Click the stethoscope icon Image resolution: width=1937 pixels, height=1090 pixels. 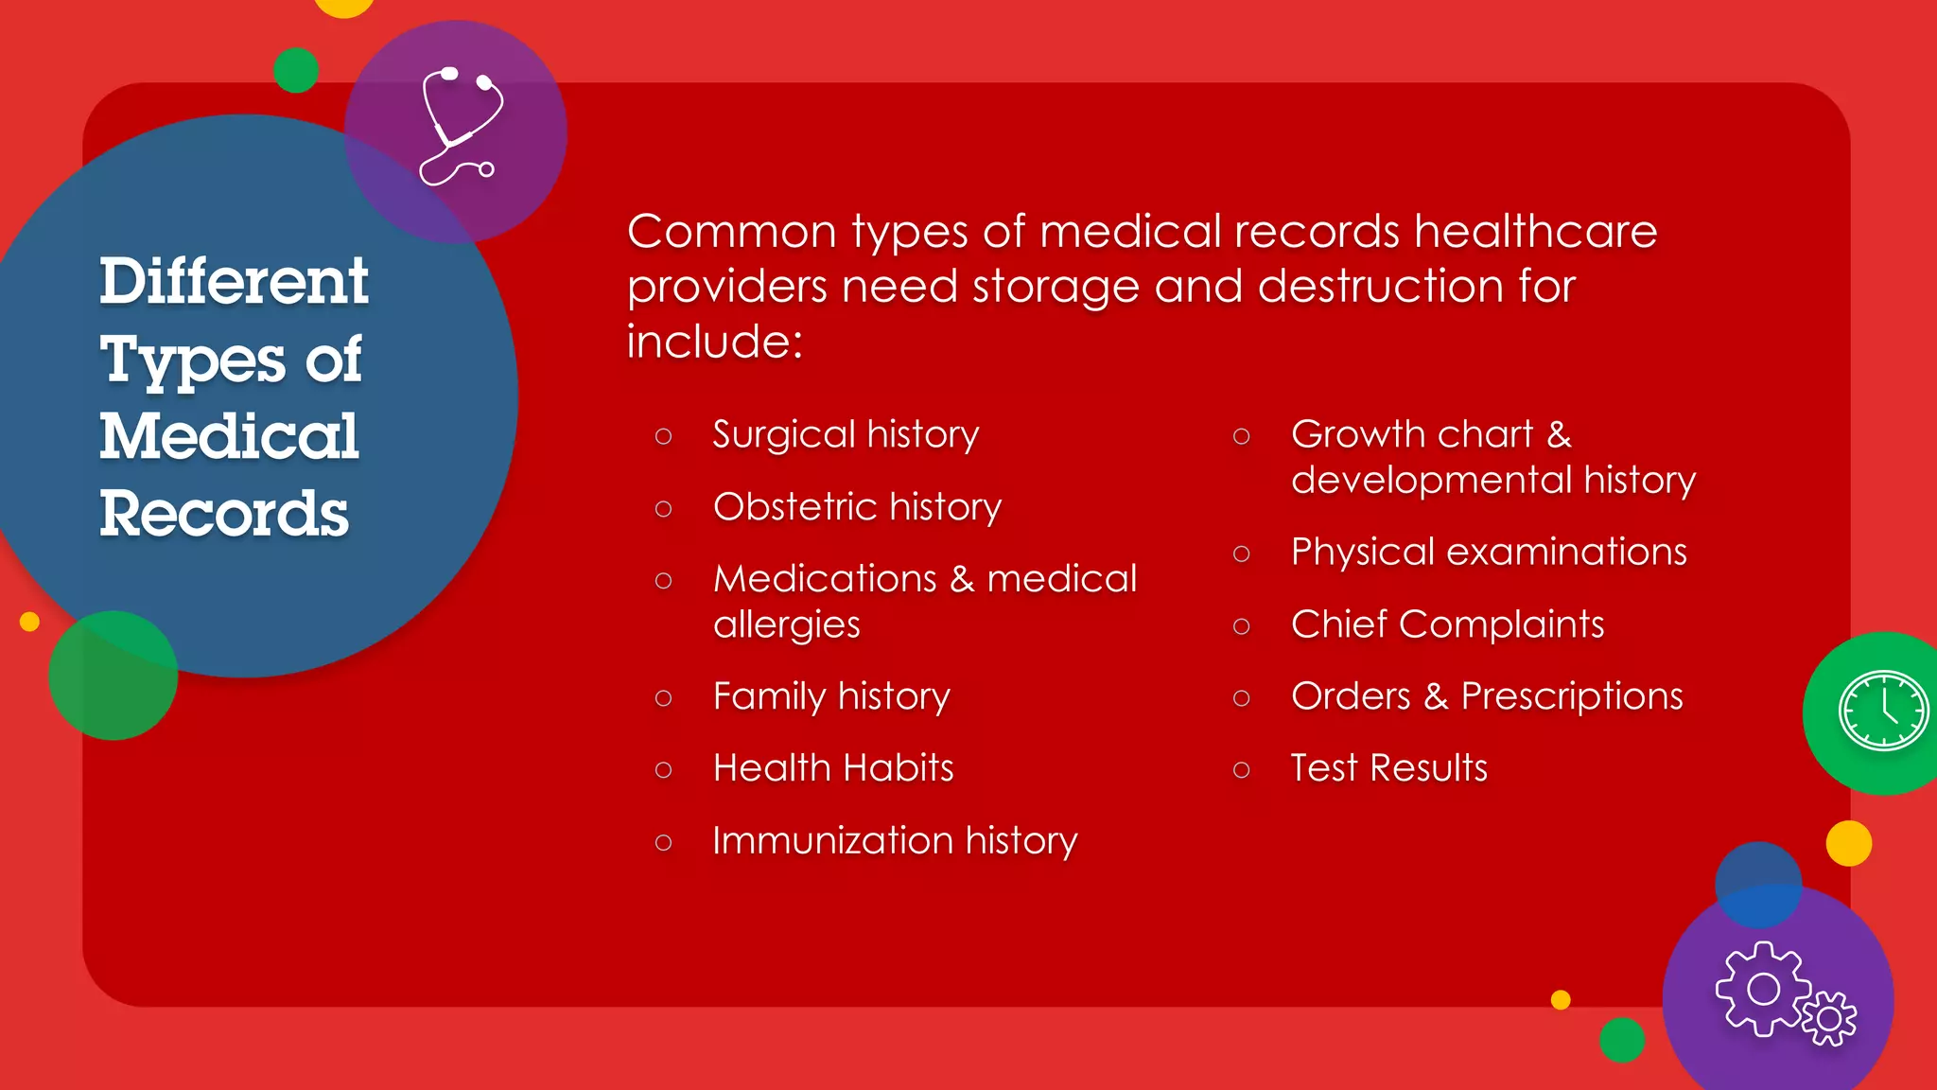[460, 127]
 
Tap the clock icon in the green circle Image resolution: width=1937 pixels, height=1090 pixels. [1882, 711]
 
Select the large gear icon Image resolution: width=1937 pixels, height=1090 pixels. [1762, 989]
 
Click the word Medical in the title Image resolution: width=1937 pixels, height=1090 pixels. [229, 436]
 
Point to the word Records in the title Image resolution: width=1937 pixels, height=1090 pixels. [224, 514]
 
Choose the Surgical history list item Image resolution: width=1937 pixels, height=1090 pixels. [846, 434]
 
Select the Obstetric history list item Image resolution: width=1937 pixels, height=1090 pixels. [857, 507]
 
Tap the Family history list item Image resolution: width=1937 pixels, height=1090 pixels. [831, 696]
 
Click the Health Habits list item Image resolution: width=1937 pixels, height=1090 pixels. [833, 767]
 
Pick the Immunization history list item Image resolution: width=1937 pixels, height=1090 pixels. [895, 840]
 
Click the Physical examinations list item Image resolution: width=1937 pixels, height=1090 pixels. [1489, 552]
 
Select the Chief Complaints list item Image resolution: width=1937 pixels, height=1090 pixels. [1447, 624]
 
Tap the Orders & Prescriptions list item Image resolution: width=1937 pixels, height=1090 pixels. [1487, 696]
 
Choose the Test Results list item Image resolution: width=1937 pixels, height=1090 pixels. [1388, 767]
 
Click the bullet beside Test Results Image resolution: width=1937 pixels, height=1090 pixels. [1242, 770]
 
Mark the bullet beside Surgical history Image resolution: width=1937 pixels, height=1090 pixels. [663, 436]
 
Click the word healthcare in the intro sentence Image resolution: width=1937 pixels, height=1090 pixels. [1535, 232]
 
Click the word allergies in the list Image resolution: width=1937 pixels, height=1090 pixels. [786, 625]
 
